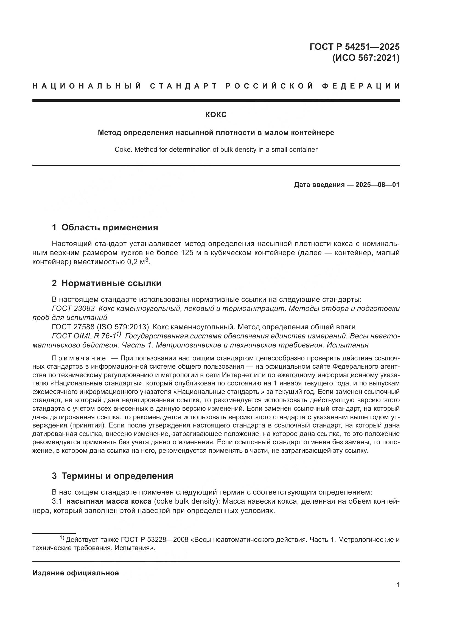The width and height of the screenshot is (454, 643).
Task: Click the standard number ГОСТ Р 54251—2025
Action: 354,46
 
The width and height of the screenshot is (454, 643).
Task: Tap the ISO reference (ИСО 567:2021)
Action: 366,58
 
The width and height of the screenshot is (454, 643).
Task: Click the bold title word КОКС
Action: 216,115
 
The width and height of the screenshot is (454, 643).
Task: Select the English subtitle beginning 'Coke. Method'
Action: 216,150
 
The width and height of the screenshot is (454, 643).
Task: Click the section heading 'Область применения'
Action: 110,227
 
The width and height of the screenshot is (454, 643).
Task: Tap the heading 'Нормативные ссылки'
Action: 111,283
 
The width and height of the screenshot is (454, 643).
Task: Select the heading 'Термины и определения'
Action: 117,476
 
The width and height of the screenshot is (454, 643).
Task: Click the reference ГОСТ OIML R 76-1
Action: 84,336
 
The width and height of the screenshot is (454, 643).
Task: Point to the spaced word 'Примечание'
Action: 79,358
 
